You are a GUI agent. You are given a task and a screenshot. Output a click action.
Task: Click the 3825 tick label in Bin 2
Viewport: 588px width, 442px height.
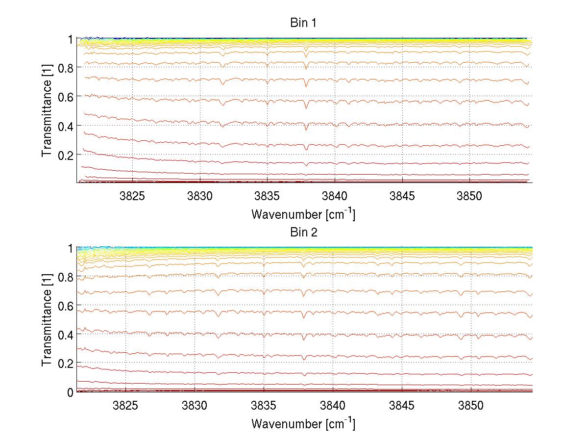point(126,406)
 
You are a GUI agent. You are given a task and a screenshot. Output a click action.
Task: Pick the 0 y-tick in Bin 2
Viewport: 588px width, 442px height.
point(70,392)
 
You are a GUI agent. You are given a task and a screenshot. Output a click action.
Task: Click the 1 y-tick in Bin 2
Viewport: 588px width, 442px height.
point(70,248)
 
